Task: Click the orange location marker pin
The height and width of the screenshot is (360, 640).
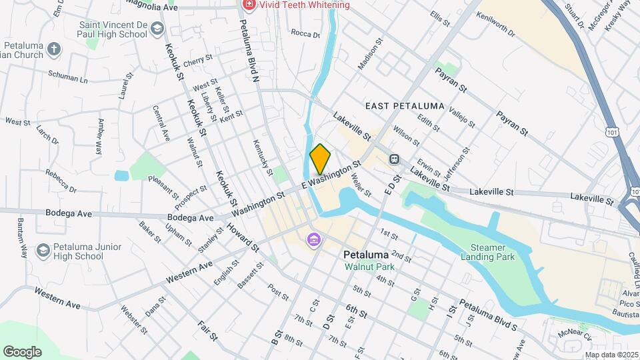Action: (x=320, y=159)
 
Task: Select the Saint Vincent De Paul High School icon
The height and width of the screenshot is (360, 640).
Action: (x=157, y=29)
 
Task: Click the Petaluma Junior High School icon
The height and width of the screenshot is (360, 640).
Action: (x=43, y=250)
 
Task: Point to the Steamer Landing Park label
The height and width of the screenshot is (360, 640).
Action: (x=487, y=251)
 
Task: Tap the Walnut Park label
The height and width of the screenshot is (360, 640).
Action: (x=369, y=267)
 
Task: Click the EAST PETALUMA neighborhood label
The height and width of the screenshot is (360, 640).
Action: (x=405, y=106)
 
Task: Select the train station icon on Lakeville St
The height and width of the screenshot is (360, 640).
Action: (x=394, y=159)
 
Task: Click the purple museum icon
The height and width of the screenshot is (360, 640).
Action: (x=313, y=239)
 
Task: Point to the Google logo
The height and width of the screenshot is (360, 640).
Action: (x=22, y=351)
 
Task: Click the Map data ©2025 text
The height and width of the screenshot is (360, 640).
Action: (x=612, y=355)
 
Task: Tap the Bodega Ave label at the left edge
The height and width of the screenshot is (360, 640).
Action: (x=64, y=213)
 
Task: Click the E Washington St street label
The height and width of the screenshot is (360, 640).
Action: (x=331, y=175)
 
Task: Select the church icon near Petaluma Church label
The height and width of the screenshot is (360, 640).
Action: (x=54, y=49)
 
